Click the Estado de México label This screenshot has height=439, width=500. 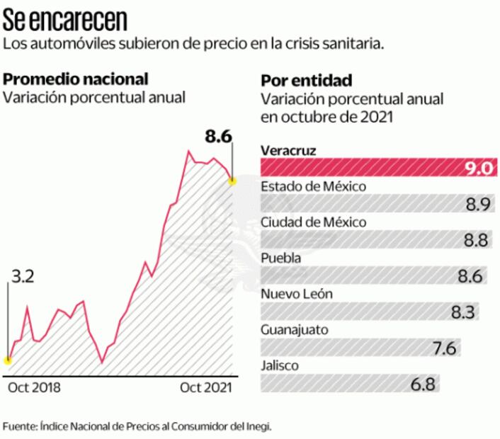point(313,187)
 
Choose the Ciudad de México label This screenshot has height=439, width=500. point(314,222)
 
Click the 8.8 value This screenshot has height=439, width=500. point(475,240)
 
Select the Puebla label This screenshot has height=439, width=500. point(281,258)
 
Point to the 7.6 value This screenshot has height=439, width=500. point(443,348)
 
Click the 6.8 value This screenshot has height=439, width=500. point(422,384)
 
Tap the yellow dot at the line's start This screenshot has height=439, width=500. point(8,360)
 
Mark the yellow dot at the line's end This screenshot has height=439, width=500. point(231,181)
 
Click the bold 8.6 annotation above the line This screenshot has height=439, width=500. point(219,137)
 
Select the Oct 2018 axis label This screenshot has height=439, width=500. point(34,387)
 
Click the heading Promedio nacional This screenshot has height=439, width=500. point(76,79)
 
